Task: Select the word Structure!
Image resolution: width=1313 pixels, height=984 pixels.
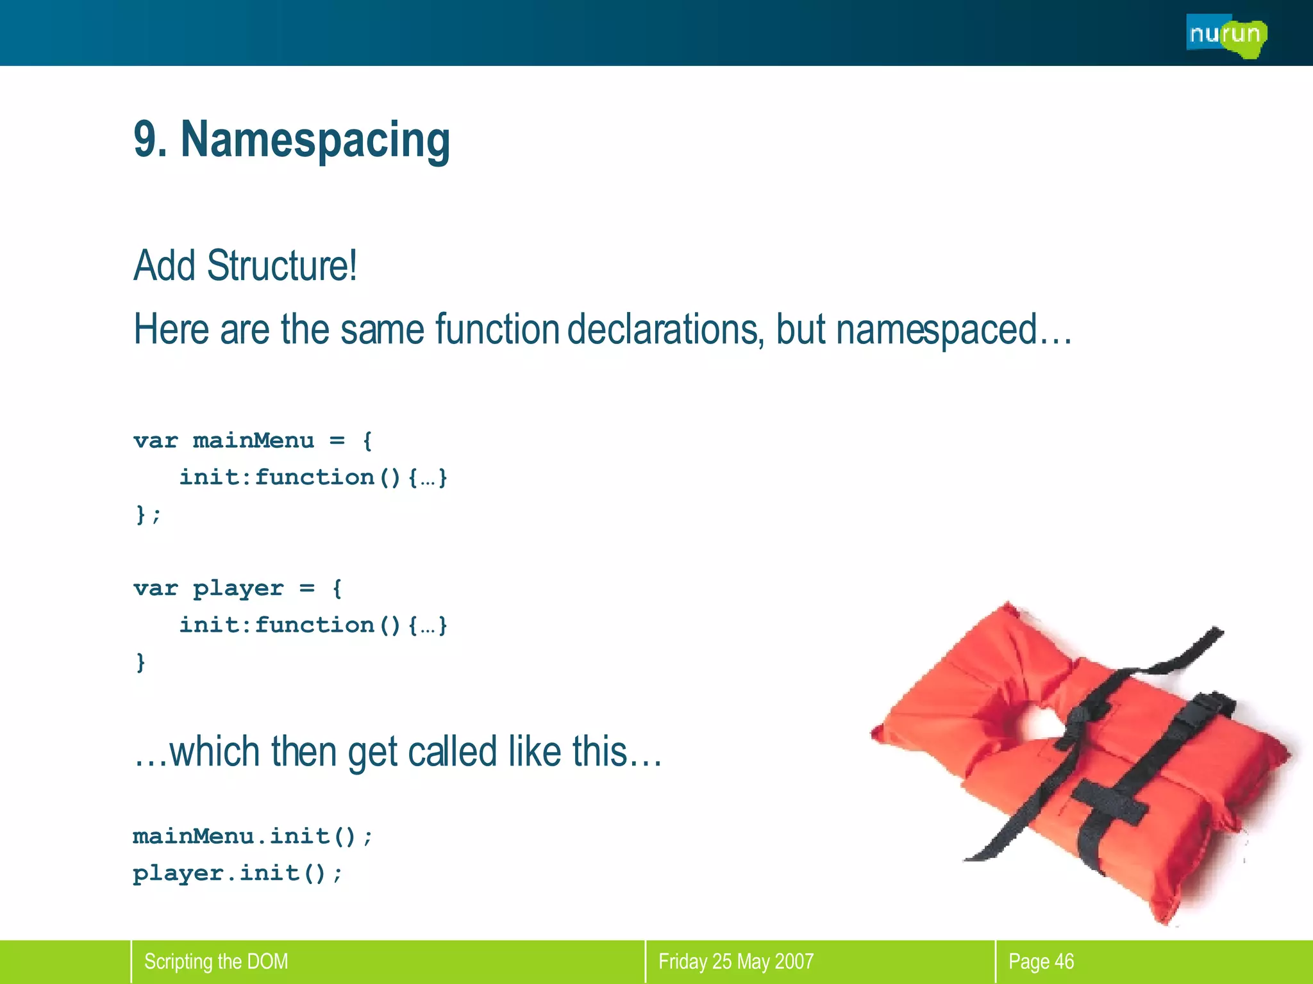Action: point(282,265)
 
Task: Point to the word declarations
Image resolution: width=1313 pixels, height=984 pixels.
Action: point(664,329)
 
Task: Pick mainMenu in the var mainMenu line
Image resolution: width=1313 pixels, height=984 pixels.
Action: point(253,441)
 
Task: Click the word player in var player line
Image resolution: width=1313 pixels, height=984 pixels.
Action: point(238,588)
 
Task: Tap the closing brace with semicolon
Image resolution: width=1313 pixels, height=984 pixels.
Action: point(148,514)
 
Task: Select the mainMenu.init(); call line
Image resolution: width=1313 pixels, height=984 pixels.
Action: point(253,836)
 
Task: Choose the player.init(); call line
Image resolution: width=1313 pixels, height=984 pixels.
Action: point(238,873)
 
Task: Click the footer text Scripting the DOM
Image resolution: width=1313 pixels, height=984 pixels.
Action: point(216,962)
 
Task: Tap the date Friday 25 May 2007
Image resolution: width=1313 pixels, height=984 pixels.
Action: point(735,962)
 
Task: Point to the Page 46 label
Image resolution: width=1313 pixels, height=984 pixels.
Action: point(1041,962)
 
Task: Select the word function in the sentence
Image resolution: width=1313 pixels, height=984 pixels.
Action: point(497,329)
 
